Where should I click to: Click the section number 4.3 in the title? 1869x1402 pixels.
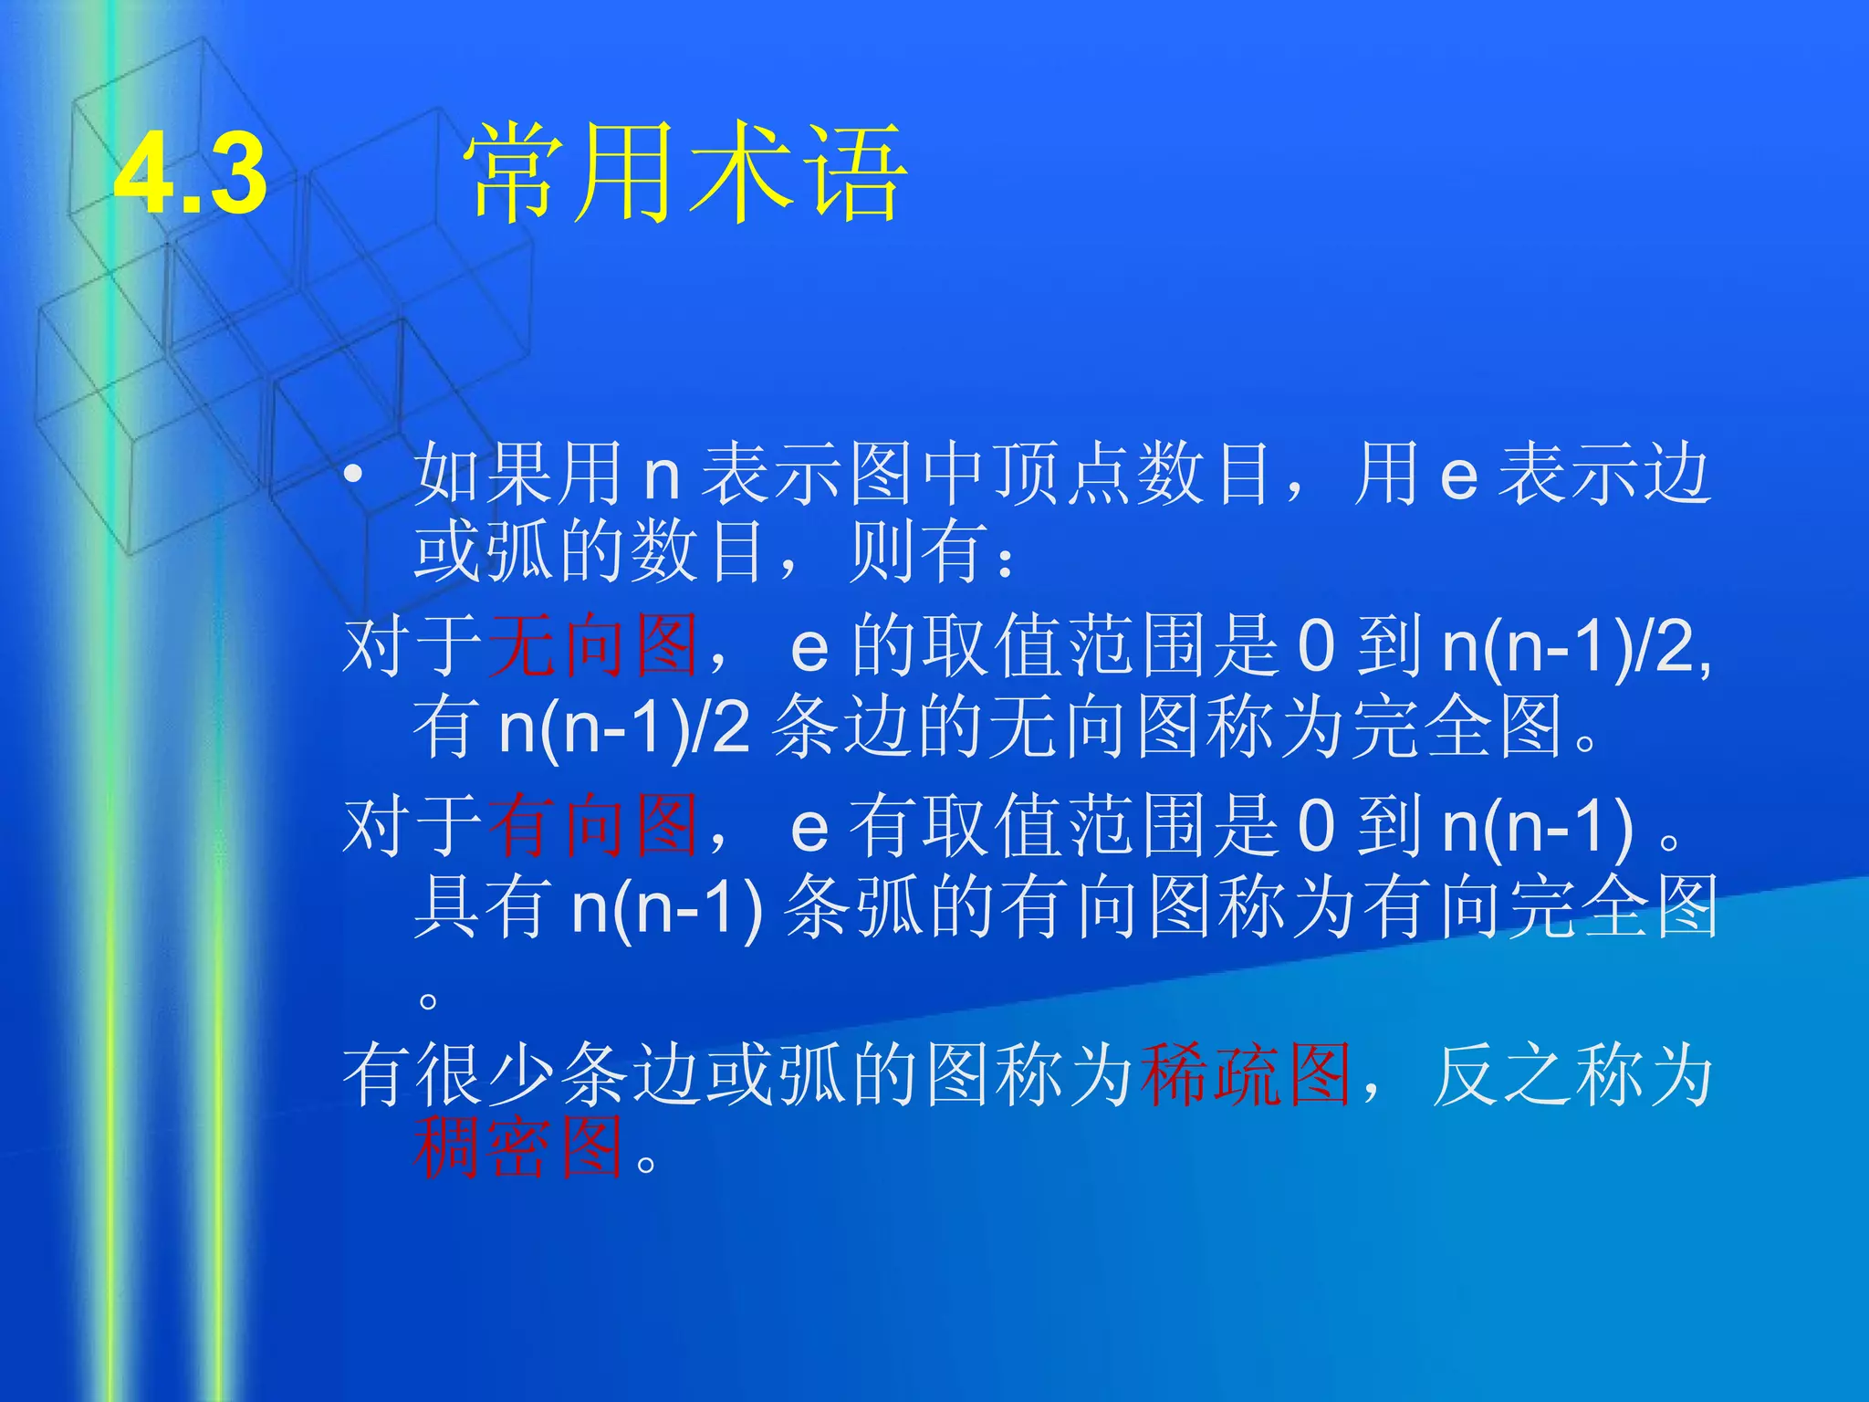point(191,173)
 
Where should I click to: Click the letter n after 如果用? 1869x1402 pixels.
point(662,476)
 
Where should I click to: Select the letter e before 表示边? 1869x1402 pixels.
point(1458,476)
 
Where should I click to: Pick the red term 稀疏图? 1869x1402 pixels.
point(1245,1075)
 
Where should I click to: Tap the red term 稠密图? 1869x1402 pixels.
point(518,1148)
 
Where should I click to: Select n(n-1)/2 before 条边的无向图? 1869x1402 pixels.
point(624,728)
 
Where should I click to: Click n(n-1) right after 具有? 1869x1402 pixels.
point(666,909)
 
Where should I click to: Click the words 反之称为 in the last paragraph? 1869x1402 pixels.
point(1571,1075)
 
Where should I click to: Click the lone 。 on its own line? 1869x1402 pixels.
point(427,1000)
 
